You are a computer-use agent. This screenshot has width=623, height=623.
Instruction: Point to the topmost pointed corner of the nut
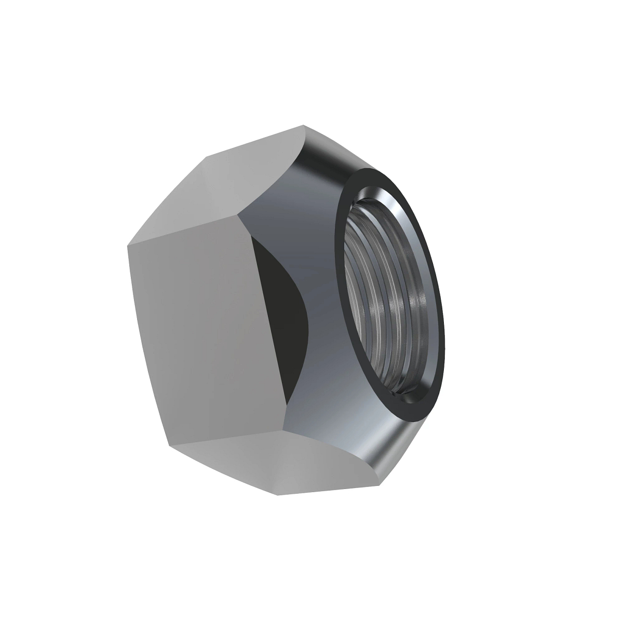(x=304, y=125)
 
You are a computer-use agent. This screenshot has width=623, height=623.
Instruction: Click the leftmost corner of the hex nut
(x=128, y=247)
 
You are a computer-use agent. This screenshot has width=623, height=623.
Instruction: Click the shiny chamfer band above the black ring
(x=332, y=156)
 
